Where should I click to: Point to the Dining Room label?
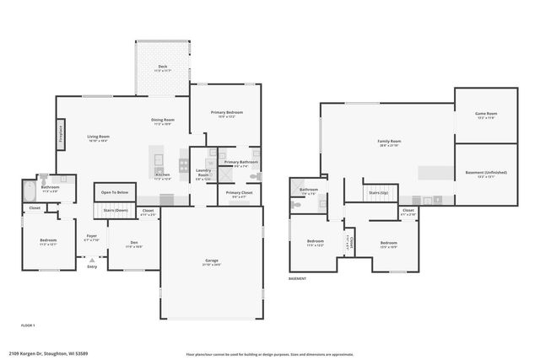click(163, 121)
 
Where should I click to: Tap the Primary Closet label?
click(239, 193)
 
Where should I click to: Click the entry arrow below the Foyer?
click(92, 261)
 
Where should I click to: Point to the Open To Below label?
click(116, 192)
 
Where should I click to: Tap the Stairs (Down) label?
click(116, 210)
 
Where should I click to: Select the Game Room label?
click(486, 114)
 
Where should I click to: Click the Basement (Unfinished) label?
click(486, 173)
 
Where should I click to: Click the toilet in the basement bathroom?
click(296, 203)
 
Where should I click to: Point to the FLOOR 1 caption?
click(28, 325)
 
